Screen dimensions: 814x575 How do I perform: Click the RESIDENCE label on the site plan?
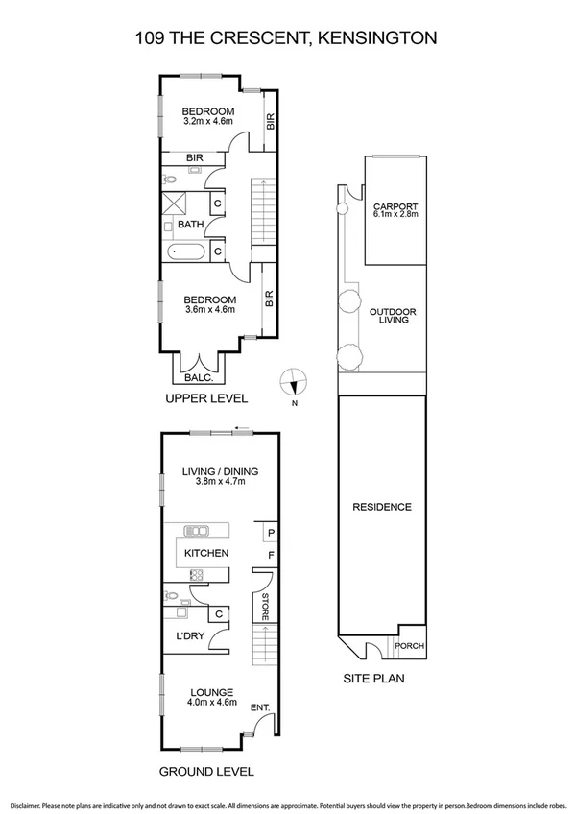(381, 507)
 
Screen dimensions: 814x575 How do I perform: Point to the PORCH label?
(410, 646)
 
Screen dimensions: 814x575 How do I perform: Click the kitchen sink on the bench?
(198, 531)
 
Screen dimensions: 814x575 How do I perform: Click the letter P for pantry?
(272, 533)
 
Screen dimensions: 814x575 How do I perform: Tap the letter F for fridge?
(272, 555)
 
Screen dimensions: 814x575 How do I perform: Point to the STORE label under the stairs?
(264, 606)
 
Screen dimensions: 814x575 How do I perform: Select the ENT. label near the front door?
(258, 708)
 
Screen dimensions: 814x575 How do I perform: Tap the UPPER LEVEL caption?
(206, 398)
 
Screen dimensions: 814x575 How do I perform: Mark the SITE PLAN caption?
(373, 679)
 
